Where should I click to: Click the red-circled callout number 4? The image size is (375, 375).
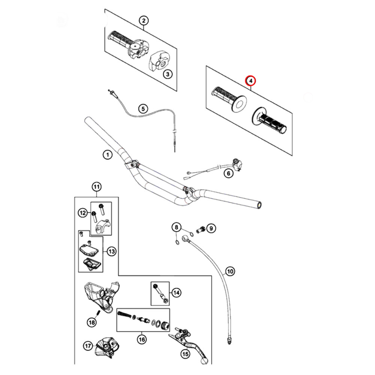(250, 80)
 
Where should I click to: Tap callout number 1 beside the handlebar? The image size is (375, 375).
(107, 154)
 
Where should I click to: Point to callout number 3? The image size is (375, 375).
(168, 74)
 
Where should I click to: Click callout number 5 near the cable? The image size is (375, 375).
(143, 109)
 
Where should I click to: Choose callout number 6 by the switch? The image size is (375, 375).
(228, 173)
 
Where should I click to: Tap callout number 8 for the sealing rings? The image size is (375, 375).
(176, 227)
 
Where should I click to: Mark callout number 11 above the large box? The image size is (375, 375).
(96, 186)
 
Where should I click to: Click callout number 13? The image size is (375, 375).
(112, 252)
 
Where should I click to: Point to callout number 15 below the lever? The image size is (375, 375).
(185, 353)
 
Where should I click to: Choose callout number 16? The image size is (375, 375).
(141, 340)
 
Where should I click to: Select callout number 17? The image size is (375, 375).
(88, 346)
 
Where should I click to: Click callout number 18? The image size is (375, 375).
(92, 322)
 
